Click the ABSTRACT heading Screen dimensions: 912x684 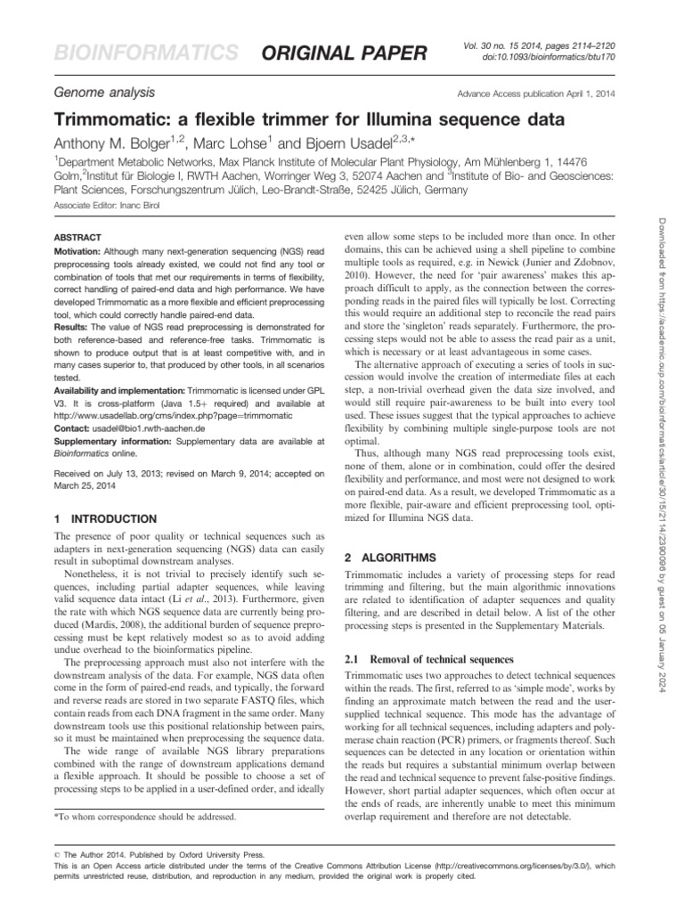point(78,240)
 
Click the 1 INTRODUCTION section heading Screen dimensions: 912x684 point(106,518)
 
